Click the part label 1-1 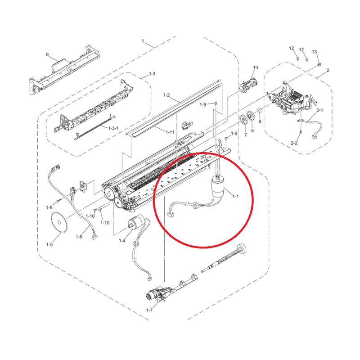(x=235, y=196)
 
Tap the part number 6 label (x=47, y=54)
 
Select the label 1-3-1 (x=113, y=128)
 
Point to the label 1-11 (x=170, y=132)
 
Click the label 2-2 (x=294, y=143)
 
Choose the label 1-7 (x=149, y=310)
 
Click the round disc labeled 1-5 (x=59, y=222)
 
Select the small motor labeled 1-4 (x=137, y=222)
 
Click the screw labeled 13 (x=319, y=64)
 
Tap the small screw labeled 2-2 (x=301, y=132)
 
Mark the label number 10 (x=255, y=67)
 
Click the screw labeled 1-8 (x=58, y=201)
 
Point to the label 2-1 (x=319, y=110)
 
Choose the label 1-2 (x=166, y=95)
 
